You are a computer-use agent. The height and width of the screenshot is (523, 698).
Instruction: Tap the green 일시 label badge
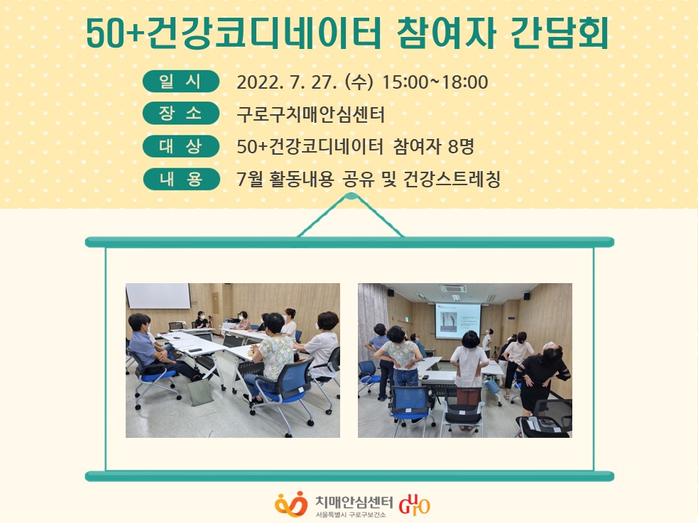(181, 82)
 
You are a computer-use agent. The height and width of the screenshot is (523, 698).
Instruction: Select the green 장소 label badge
(181, 114)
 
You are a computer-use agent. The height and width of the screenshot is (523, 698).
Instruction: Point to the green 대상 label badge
(181, 146)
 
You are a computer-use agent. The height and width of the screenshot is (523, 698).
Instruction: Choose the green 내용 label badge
(181, 179)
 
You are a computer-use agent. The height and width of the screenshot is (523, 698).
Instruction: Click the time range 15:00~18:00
(435, 82)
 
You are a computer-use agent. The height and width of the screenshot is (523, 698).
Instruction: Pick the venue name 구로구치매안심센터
(310, 114)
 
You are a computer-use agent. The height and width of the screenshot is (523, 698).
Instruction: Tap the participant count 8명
(461, 146)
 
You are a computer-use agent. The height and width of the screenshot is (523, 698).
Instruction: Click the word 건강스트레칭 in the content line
(452, 180)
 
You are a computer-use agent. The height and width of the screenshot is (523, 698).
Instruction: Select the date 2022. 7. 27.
(287, 82)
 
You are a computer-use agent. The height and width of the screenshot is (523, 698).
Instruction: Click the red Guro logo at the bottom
(415, 505)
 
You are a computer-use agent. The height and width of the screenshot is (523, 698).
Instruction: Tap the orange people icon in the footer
(291, 504)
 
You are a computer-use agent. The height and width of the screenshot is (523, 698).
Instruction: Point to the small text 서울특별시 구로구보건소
(350, 515)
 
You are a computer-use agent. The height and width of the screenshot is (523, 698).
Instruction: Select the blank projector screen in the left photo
(158, 296)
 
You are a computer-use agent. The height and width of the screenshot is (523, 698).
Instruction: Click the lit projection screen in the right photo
(458, 321)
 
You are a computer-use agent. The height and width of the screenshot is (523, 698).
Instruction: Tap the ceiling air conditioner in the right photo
(453, 290)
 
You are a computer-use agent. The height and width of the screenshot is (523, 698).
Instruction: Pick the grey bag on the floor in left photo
(200, 391)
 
